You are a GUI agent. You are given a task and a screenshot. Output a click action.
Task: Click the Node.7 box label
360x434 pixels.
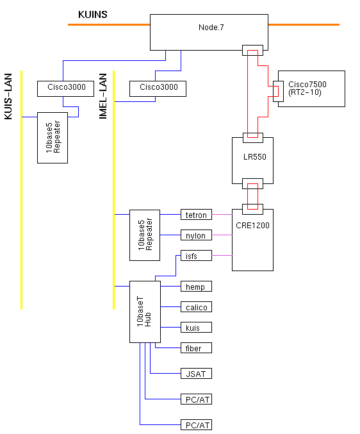tap(211, 28)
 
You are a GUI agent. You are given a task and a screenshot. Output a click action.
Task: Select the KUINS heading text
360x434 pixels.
tap(93, 14)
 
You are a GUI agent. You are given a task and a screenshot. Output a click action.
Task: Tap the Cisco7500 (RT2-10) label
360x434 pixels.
tap(307, 88)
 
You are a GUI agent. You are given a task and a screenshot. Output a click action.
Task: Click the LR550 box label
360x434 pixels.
tap(255, 157)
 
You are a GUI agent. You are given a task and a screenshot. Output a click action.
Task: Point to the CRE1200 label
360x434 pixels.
tap(252, 225)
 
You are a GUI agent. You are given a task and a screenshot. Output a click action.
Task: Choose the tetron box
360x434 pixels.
tap(196, 215)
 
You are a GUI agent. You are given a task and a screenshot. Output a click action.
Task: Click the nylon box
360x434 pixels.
tap(196, 235)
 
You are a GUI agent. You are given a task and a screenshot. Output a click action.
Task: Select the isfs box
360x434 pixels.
tap(196, 256)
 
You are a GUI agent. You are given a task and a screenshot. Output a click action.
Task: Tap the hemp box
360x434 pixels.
tap(196, 286)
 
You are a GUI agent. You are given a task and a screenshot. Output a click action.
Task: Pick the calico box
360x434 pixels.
tap(196, 306)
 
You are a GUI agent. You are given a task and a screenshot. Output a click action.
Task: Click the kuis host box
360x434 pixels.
tap(196, 327)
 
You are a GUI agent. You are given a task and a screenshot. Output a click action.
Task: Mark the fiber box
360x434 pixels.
tap(196, 347)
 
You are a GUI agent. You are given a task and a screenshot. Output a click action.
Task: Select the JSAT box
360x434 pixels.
tap(196, 373)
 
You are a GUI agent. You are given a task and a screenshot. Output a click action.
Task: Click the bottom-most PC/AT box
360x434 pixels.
tap(196, 424)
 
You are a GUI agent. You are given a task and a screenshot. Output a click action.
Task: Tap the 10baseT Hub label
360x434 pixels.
tap(144, 312)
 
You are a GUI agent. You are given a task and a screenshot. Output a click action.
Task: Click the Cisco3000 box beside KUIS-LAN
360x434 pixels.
tap(65, 88)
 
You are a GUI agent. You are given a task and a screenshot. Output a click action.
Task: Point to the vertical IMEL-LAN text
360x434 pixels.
tap(103, 96)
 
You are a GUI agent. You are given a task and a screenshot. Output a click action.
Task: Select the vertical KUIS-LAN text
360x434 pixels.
tap(8, 96)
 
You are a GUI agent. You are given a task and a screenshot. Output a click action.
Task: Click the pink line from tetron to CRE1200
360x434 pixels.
tap(222, 215)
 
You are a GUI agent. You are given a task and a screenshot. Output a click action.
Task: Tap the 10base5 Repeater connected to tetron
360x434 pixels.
tap(145, 235)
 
